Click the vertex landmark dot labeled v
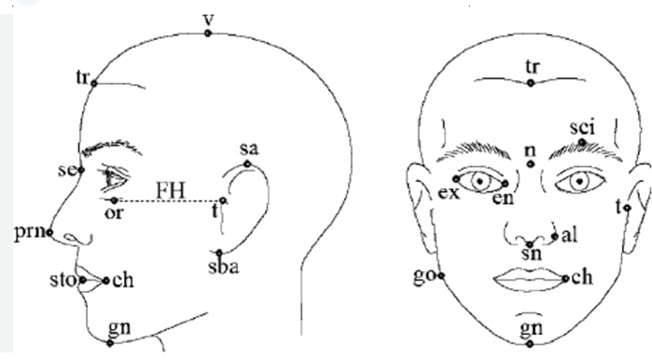click(207, 34)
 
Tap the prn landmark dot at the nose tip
click(49, 232)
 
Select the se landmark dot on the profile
click(81, 170)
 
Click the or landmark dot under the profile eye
click(114, 201)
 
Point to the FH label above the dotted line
click(171, 191)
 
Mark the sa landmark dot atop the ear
click(247, 164)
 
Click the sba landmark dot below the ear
click(219, 253)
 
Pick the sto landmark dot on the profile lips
click(83, 280)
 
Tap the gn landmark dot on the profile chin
click(110, 343)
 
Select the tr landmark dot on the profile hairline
click(94, 84)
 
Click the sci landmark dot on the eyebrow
click(582, 143)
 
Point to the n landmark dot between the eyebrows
click(530, 164)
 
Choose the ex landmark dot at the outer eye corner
click(456, 179)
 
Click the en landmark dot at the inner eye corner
click(506, 184)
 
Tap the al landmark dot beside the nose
click(555, 237)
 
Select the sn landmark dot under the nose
click(530, 244)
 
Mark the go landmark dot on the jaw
click(441, 275)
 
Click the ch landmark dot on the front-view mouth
click(565, 279)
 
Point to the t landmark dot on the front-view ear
click(627, 208)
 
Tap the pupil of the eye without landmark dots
click(579, 181)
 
